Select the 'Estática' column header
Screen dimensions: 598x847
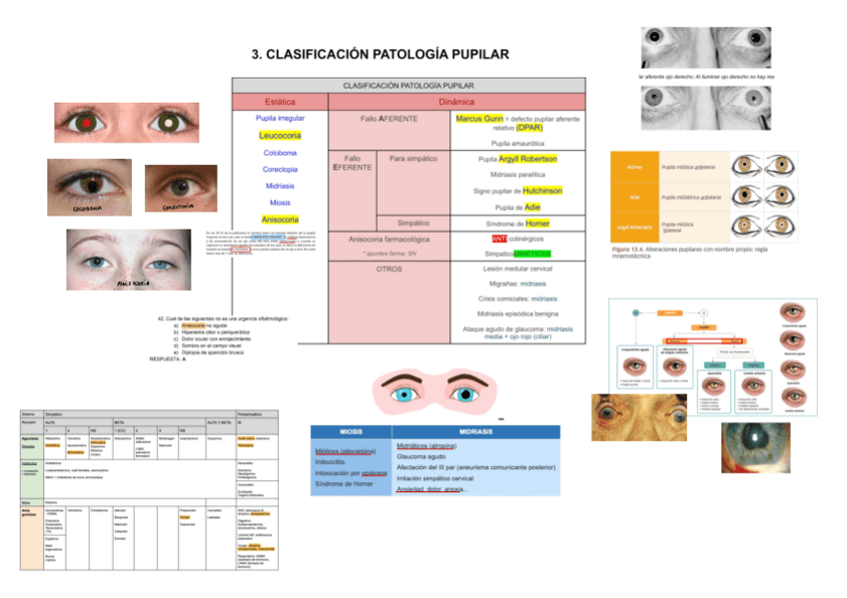click(280, 102)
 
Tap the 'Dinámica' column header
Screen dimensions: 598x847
click(456, 102)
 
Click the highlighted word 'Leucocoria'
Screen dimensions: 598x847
click(280, 135)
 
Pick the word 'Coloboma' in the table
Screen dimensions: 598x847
click(280, 153)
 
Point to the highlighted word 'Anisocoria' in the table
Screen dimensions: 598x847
click(280, 219)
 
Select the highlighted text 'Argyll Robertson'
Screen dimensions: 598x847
click(527, 159)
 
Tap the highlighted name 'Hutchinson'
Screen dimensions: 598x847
click(541, 191)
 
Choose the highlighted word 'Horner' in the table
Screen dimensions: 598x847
click(537, 223)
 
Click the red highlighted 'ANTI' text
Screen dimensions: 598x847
click(499, 239)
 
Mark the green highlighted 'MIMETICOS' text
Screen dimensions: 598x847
click(531, 255)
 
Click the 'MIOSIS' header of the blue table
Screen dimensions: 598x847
click(351, 430)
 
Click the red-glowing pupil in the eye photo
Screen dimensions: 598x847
click(87, 123)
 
